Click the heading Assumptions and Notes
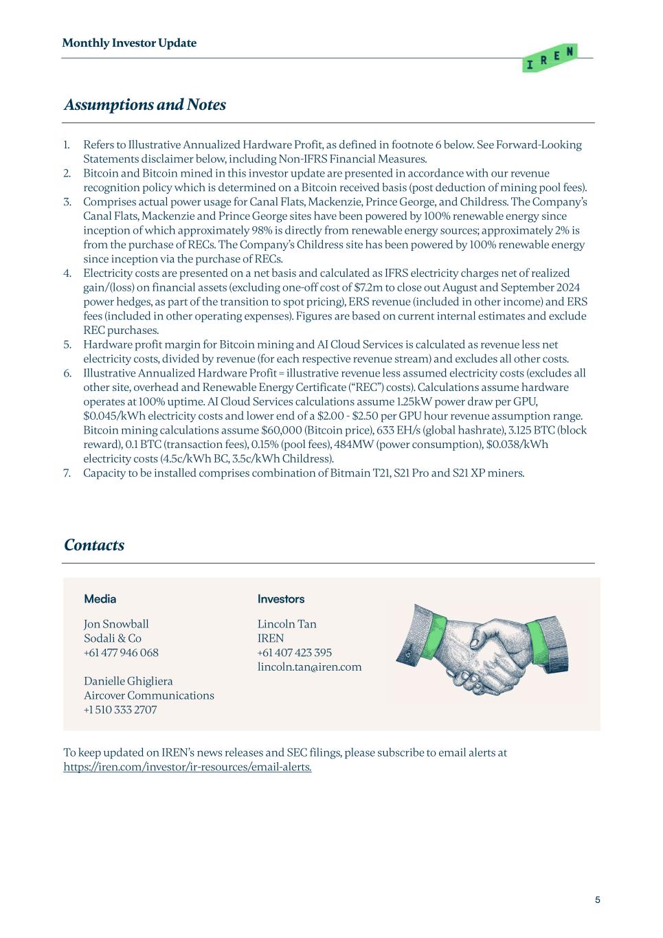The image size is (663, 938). pos(144,105)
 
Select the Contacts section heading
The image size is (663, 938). pos(94,546)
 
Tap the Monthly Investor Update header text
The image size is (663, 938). pos(129,43)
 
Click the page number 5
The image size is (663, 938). pos(597,900)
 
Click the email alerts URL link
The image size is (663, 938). pos(187,767)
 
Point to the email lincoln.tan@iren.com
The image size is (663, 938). pos(309,667)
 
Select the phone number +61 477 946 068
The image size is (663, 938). pos(121,653)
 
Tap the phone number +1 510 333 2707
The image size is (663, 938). pos(120,710)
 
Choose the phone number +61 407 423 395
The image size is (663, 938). pos(294,653)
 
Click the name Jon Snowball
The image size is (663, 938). pos(116,624)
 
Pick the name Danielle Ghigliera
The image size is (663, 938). pos(128,681)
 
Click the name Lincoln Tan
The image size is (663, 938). pos(286,624)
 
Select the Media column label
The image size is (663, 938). pos(100,599)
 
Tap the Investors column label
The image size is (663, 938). pos(280,599)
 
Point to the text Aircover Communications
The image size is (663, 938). pos(148,695)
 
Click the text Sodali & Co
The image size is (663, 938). pos(113,638)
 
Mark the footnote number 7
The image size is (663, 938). pos(67,473)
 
